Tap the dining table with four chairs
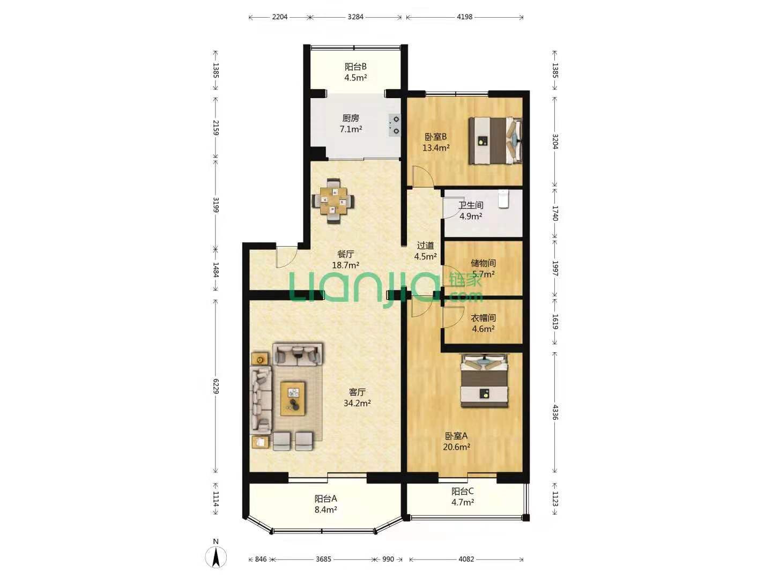coord(332,201)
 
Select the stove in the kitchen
coord(395,125)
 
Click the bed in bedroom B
coord(495,140)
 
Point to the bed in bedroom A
coord(485,381)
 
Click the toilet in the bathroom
coord(503,199)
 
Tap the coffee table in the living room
coord(293,399)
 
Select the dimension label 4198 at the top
coord(464,17)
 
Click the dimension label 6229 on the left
coord(216,386)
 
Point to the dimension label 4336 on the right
coord(555,412)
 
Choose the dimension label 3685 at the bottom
coord(323,559)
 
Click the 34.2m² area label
coord(357,403)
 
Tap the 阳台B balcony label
coord(355,66)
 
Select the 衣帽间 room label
coord(483,318)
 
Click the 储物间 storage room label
coord(483,263)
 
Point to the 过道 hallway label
coord(425,246)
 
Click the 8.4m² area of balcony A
coord(325,509)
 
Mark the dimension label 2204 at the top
coord(280,17)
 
